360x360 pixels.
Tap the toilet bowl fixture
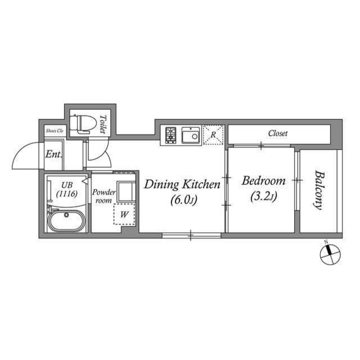pos(82,122)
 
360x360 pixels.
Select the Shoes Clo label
pos(55,130)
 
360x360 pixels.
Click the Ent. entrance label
pos(54,154)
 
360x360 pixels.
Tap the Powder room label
pos(104,196)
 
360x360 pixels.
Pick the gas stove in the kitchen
pos(171,135)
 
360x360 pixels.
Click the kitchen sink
pos(191,135)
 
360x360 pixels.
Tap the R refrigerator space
pos(213,135)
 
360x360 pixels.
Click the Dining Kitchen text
pos(180,184)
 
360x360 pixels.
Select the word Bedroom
pos(263,181)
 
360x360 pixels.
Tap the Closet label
pos(278,133)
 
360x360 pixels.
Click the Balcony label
pos(319,190)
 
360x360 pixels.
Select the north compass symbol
pos(330,254)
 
